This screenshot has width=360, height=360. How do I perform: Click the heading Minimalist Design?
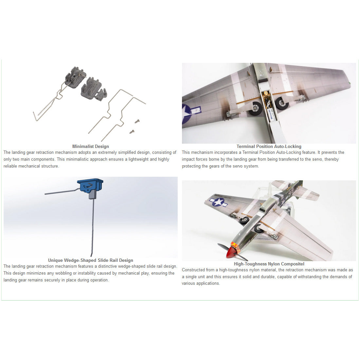tap(90, 146)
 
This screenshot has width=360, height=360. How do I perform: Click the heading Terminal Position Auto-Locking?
tap(269, 146)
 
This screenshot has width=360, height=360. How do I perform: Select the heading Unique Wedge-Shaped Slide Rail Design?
tap(90, 260)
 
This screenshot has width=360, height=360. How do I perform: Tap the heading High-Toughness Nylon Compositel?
tap(269, 264)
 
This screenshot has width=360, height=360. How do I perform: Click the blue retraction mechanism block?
tap(90, 186)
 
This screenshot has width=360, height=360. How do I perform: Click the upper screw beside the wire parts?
tap(137, 121)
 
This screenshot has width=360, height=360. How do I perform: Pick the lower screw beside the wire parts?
tap(132, 132)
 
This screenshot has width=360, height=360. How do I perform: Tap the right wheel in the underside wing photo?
tap(281, 103)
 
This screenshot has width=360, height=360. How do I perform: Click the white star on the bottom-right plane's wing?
tap(218, 202)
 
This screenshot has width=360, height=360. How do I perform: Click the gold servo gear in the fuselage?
tap(266, 94)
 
